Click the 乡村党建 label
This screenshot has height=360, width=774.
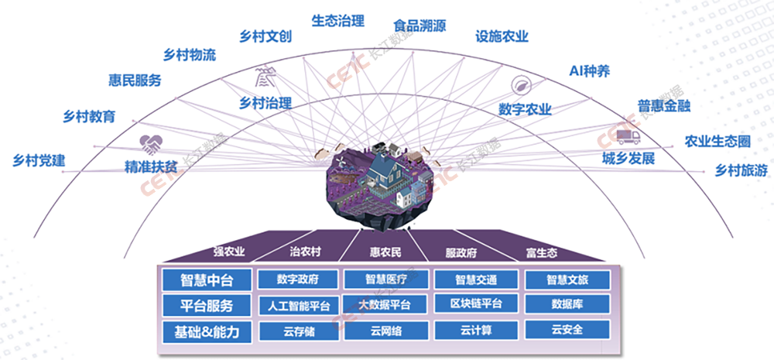click(x=39, y=161)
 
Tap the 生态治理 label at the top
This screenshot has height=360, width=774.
click(x=337, y=21)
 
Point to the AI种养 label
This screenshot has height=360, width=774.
click(x=590, y=71)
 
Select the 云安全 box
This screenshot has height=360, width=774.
click(x=567, y=330)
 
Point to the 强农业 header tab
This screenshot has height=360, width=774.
click(x=230, y=252)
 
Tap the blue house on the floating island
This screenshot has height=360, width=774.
click(x=385, y=175)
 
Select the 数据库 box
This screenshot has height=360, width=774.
click(x=567, y=304)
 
